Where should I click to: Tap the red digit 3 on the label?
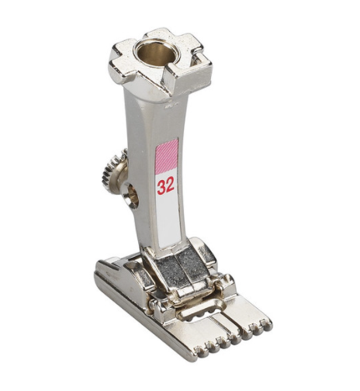(161, 187)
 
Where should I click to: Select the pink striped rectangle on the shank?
(167, 157)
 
